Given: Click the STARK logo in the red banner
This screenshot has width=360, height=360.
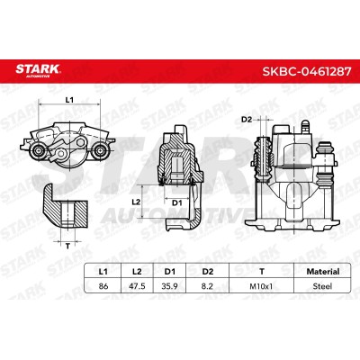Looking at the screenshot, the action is coord(38,70).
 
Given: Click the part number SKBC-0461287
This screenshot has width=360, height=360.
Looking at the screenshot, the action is coord(307,71).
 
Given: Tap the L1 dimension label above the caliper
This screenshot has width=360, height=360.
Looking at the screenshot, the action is coord(69,100).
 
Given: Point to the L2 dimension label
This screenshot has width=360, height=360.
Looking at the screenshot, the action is coord(136,202).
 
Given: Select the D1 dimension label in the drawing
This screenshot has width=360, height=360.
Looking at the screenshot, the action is coord(176,203).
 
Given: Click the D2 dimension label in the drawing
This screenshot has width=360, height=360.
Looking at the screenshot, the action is coord(246,120).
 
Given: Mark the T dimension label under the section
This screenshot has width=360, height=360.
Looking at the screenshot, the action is coord(67,247).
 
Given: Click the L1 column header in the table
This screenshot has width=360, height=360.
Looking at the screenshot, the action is coord(103,272).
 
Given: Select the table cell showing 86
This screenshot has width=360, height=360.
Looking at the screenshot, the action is coord(103,286).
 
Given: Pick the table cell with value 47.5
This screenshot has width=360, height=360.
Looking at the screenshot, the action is coord(137,286).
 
